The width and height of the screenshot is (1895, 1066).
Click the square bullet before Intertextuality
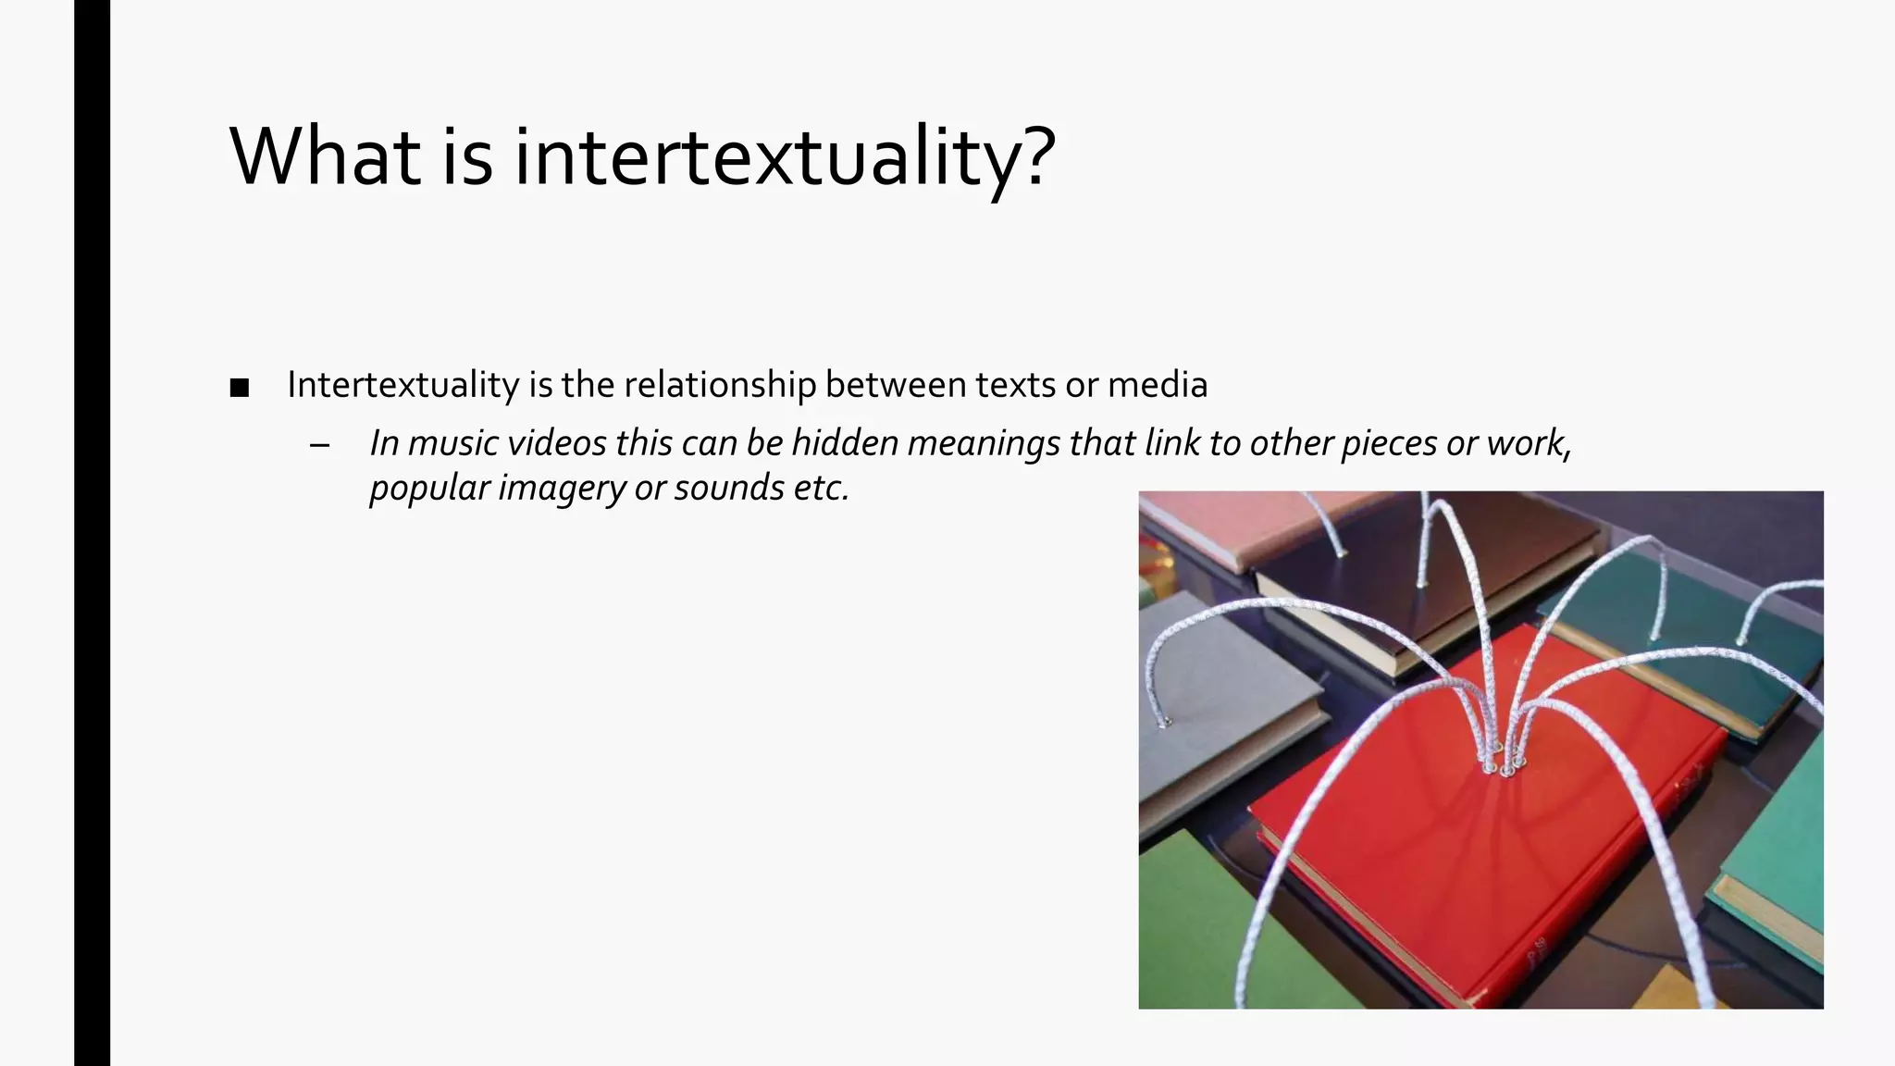coord(240,389)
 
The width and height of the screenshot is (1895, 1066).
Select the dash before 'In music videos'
coord(320,446)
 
